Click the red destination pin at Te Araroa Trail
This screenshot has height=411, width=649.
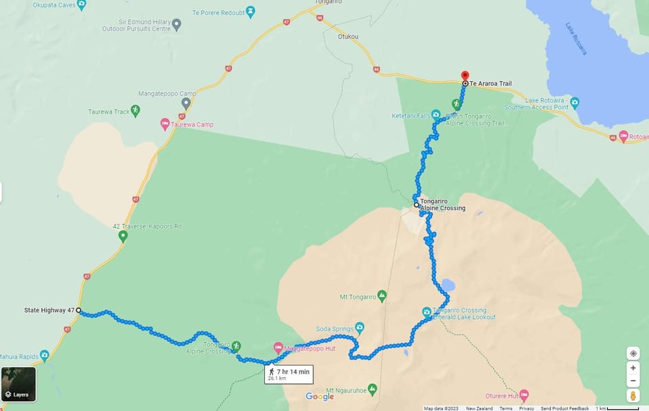(x=464, y=76)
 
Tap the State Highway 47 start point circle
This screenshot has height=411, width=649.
(x=78, y=310)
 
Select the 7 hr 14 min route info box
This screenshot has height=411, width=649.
(x=289, y=374)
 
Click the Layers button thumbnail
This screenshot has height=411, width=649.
(x=18, y=384)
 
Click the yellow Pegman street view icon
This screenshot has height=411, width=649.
(x=633, y=395)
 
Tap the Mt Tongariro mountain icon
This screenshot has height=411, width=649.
(x=382, y=296)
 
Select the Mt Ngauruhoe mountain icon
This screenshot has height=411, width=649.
(x=372, y=390)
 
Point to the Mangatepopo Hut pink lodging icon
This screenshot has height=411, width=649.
(x=278, y=347)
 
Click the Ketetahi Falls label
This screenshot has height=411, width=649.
(x=411, y=116)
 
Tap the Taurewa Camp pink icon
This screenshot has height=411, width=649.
(x=165, y=124)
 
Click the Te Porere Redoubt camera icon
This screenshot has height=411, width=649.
(x=251, y=11)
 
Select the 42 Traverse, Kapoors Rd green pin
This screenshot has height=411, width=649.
(x=122, y=236)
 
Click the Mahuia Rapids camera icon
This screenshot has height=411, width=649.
(x=45, y=355)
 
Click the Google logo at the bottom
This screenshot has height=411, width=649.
(x=320, y=397)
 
